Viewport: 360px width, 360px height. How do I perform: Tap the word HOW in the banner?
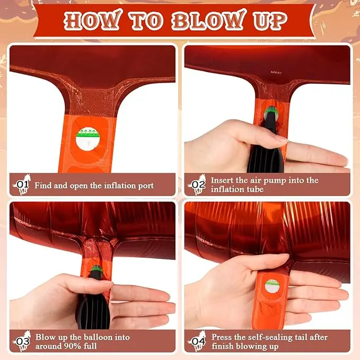coord(92,20)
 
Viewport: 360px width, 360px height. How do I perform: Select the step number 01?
coord(23,184)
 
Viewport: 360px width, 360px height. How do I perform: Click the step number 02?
coord(198,185)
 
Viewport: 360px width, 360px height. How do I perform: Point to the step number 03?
coord(23,341)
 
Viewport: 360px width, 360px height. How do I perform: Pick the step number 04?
coord(198,341)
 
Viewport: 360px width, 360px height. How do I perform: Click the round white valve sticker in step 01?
coord(87,139)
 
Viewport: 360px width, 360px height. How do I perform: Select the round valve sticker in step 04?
coord(273,286)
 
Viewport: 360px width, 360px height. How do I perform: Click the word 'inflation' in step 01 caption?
coord(120,186)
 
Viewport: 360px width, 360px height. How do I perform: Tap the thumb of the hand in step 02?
coord(259,134)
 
